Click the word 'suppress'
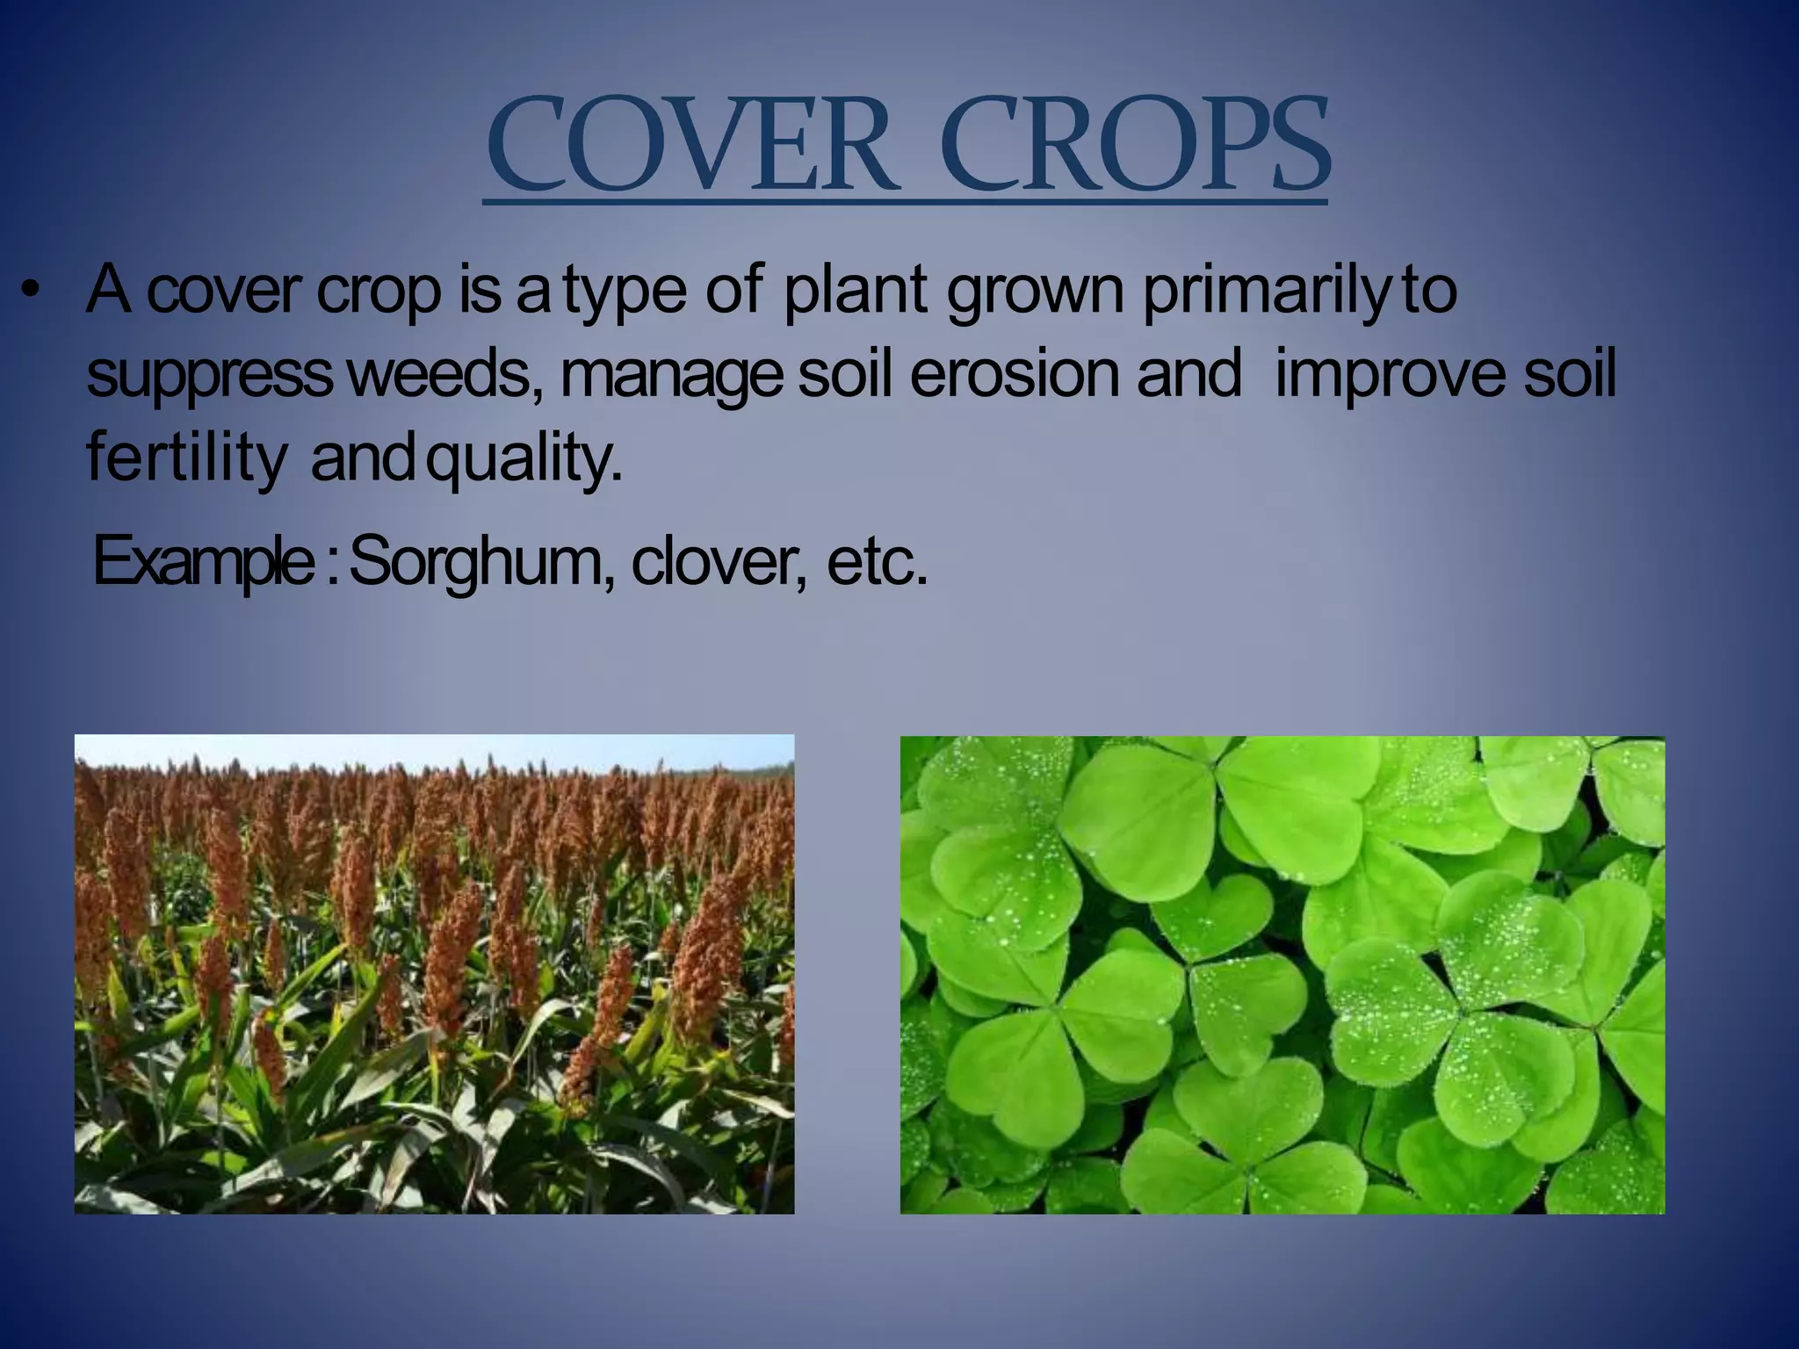pyautogui.click(x=209, y=377)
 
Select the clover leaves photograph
pyautogui.click(x=1282, y=975)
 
